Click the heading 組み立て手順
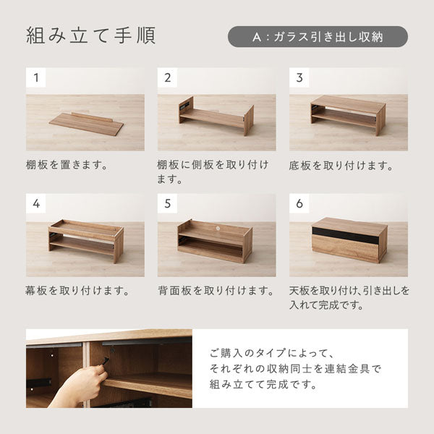(x=91, y=36)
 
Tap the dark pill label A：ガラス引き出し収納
(x=318, y=37)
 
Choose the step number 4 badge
(x=36, y=203)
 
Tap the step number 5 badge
(x=168, y=203)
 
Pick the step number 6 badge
(x=299, y=203)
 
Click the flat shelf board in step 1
(x=86, y=123)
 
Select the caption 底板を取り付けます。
(x=341, y=166)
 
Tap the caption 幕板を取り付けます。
(x=77, y=291)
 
